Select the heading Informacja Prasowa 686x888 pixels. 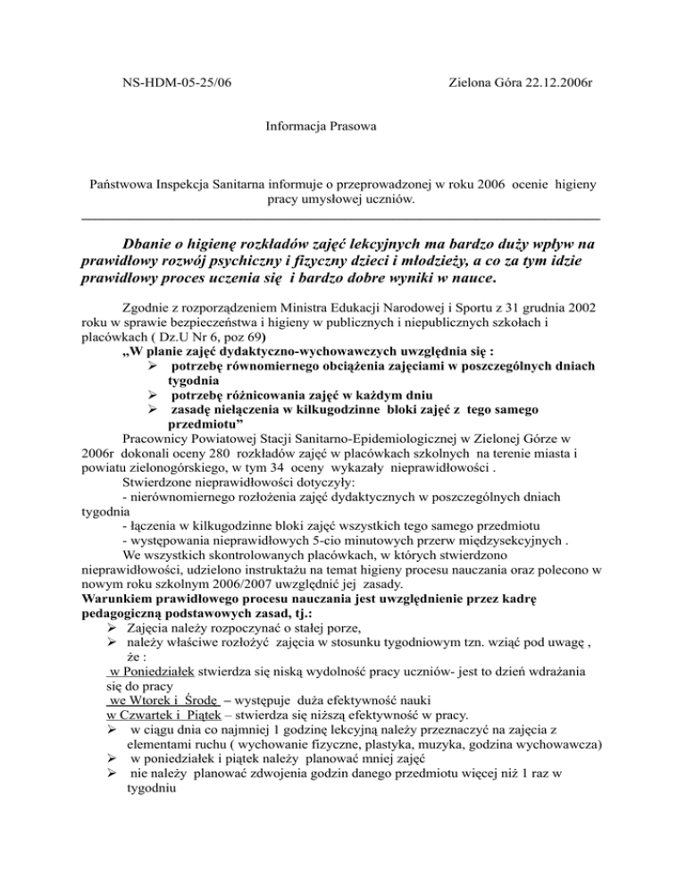(x=322, y=128)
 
